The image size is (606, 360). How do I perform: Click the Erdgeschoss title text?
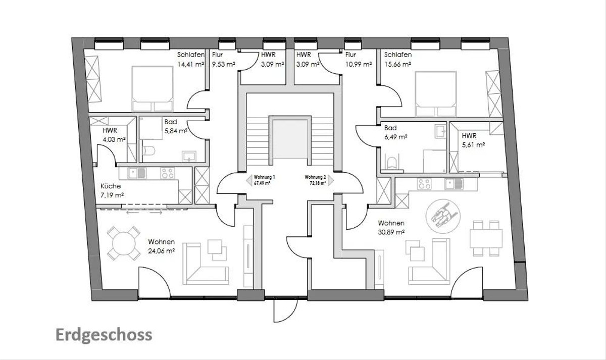click(x=104, y=335)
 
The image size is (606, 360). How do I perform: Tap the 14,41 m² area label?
click(x=190, y=64)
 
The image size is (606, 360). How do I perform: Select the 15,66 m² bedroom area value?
click(x=398, y=64)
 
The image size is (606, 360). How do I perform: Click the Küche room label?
click(x=111, y=186)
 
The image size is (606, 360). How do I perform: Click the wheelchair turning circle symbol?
click(x=443, y=217)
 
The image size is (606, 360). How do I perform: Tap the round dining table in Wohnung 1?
click(x=124, y=243)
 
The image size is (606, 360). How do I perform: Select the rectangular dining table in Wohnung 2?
click(x=486, y=238)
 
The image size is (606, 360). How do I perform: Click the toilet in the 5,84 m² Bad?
click(x=148, y=150)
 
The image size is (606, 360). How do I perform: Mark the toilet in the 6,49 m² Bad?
click(x=391, y=163)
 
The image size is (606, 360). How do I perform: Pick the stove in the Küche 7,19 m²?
click(x=168, y=173)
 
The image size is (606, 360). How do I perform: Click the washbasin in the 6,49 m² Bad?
click(x=440, y=131)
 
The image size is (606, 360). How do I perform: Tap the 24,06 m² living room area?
click(x=161, y=251)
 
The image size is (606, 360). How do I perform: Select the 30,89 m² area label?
click(x=391, y=232)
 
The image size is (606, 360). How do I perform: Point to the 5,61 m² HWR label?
click(x=473, y=145)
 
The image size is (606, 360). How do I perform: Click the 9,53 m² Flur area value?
click(x=223, y=64)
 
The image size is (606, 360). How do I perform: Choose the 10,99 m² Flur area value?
click(x=359, y=64)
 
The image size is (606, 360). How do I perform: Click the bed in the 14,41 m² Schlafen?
click(x=153, y=89)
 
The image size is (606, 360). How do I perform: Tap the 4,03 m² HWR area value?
click(x=114, y=139)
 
